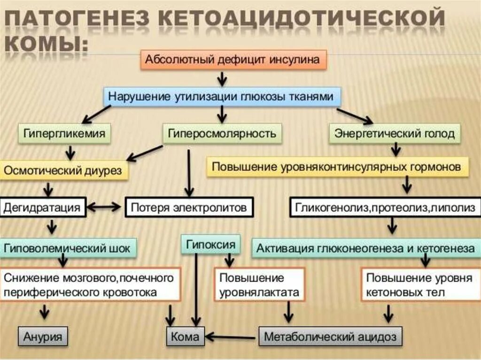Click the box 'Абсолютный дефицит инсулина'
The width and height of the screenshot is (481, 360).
click(x=233, y=60)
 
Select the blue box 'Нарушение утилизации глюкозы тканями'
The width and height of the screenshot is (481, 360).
click(x=221, y=96)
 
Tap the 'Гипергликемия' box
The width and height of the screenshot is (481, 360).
click(x=65, y=134)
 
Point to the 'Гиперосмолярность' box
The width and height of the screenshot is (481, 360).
click(x=222, y=134)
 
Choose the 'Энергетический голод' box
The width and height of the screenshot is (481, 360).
click(x=395, y=134)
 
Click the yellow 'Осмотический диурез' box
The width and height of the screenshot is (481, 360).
click(x=63, y=170)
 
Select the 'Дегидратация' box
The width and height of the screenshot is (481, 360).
click(x=43, y=207)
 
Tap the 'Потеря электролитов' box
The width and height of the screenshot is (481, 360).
click(x=188, y=207)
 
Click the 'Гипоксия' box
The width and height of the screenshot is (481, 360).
click(x=210, y=245)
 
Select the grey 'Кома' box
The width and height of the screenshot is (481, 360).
click(x=185, y=337)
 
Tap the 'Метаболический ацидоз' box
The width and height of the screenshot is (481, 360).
click(x=330, y=337)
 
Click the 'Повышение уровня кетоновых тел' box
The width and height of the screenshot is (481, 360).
click(x=419, y=285)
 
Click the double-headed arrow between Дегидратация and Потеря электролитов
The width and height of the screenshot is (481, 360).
click(x=105, y=207)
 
